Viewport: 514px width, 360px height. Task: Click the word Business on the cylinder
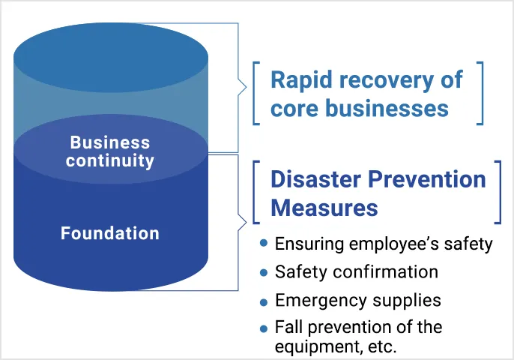click(109, 142)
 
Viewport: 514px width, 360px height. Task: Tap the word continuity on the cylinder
click(109, 160)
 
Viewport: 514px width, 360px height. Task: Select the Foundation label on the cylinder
click(110, 233)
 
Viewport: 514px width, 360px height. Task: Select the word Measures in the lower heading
click(324, 207)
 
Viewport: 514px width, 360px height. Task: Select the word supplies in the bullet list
click(410, 300)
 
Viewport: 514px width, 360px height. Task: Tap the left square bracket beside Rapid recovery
click(256, 93)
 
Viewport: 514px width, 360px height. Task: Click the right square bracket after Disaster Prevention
click(497, 192)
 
